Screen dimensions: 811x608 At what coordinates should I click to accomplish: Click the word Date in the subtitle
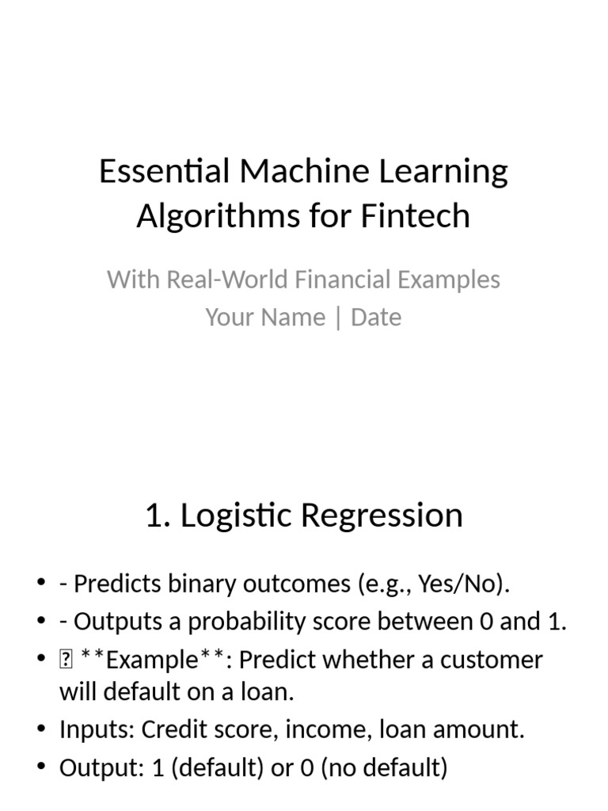tap(376, 318)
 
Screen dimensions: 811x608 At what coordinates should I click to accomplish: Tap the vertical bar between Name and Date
tap(338, 318)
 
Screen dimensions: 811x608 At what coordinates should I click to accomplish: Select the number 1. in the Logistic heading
tap(158, 516)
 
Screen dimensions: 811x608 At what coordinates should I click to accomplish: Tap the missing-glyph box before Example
tap(66, 660)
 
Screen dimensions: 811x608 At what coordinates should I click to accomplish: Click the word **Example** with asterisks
tap(153, 660)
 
